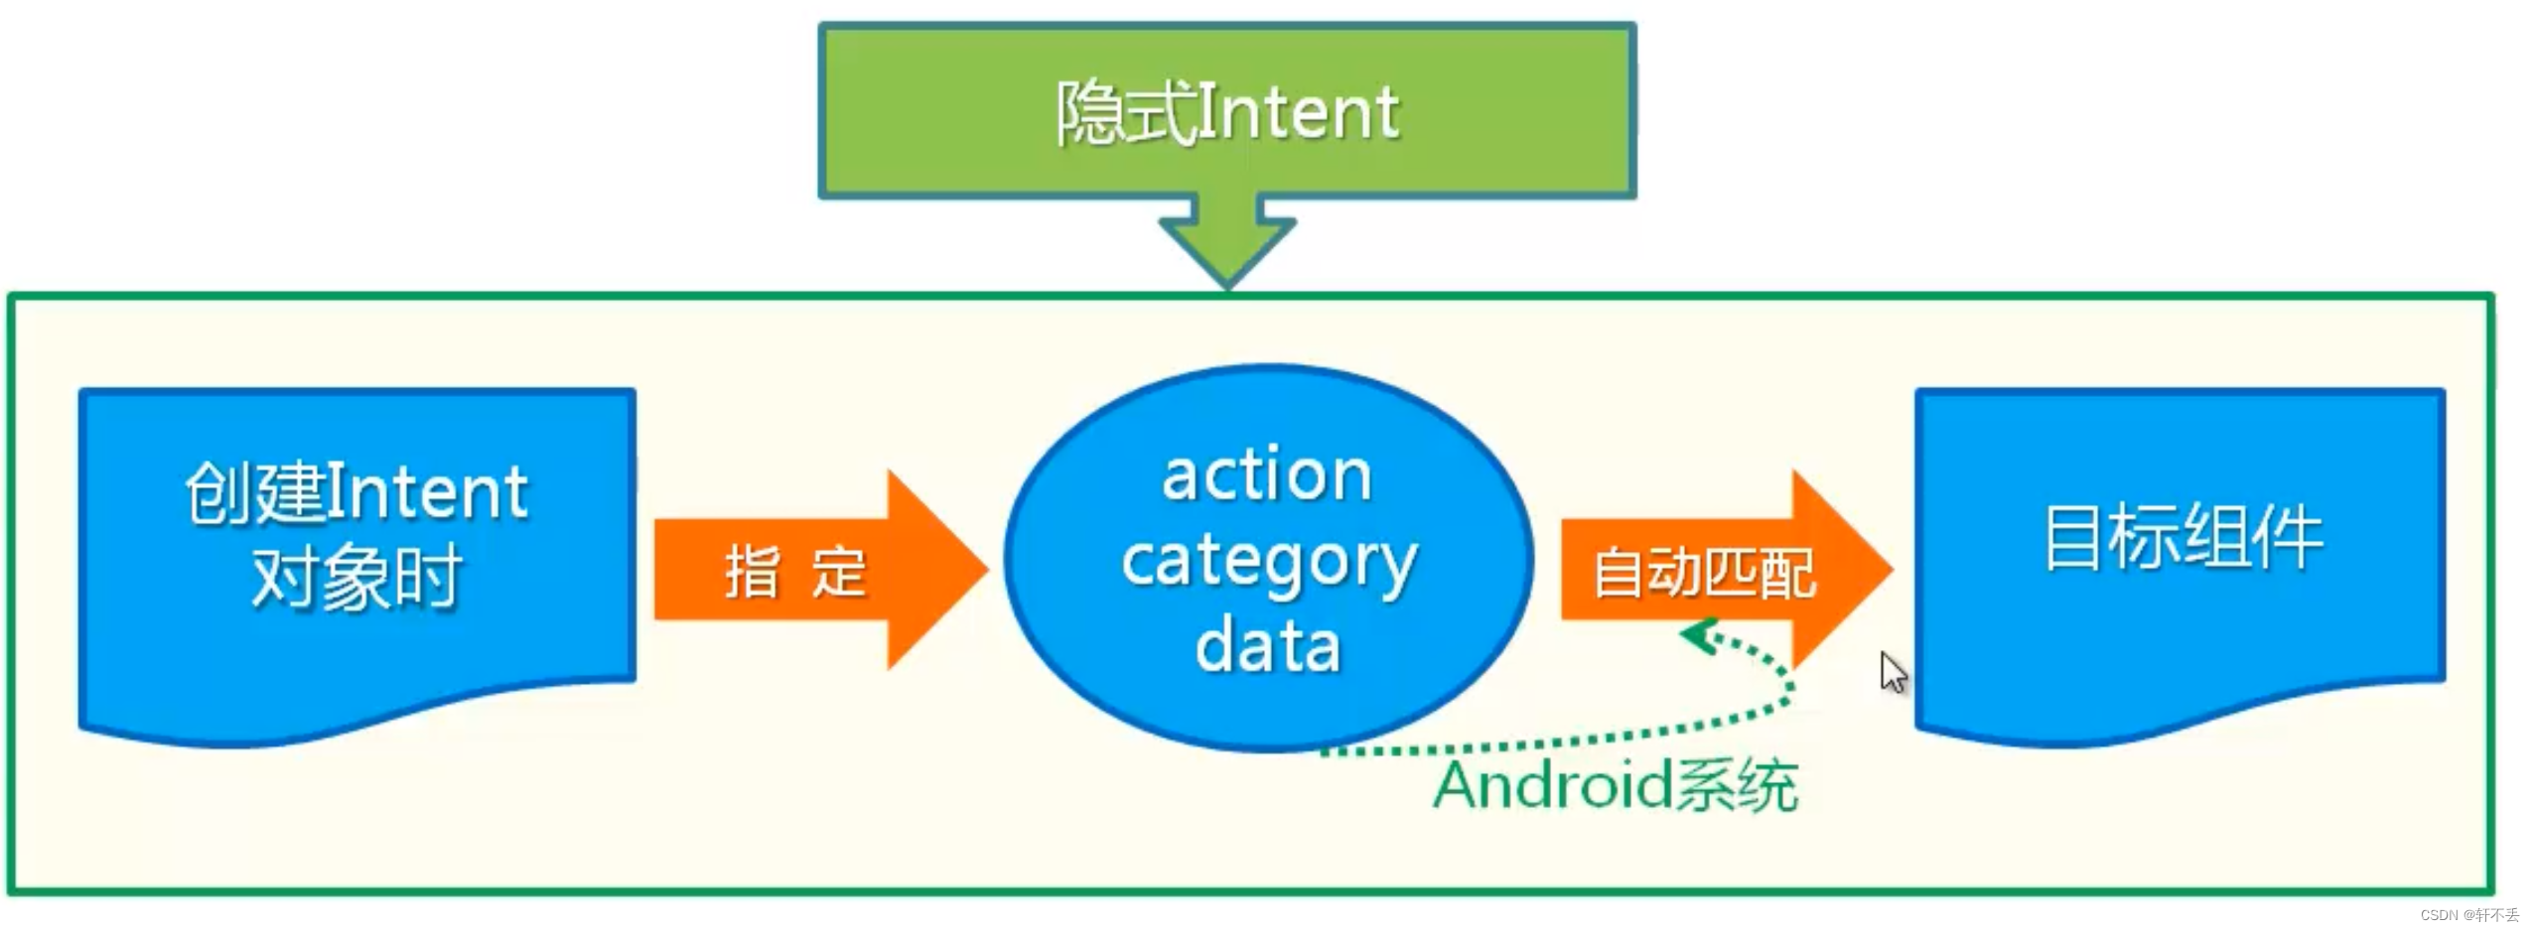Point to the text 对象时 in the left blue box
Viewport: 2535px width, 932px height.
[x=356, y=577]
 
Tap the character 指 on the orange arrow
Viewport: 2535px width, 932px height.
[x=752, y=573]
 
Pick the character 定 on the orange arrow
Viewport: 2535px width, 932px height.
[x=839, y=573]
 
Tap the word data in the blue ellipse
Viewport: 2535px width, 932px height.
[x=1268, y=646]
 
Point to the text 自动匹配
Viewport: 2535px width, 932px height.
[x=1704, y=573]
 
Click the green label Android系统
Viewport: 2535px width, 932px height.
[x=1615, y=786]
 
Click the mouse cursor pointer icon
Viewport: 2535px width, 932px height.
[x=1892, y=672]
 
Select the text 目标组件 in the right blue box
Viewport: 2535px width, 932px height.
[x=2183, y=537]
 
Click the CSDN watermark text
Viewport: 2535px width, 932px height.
[x=2468, y=915]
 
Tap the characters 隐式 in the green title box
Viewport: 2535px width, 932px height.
[x=1125, y=113]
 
